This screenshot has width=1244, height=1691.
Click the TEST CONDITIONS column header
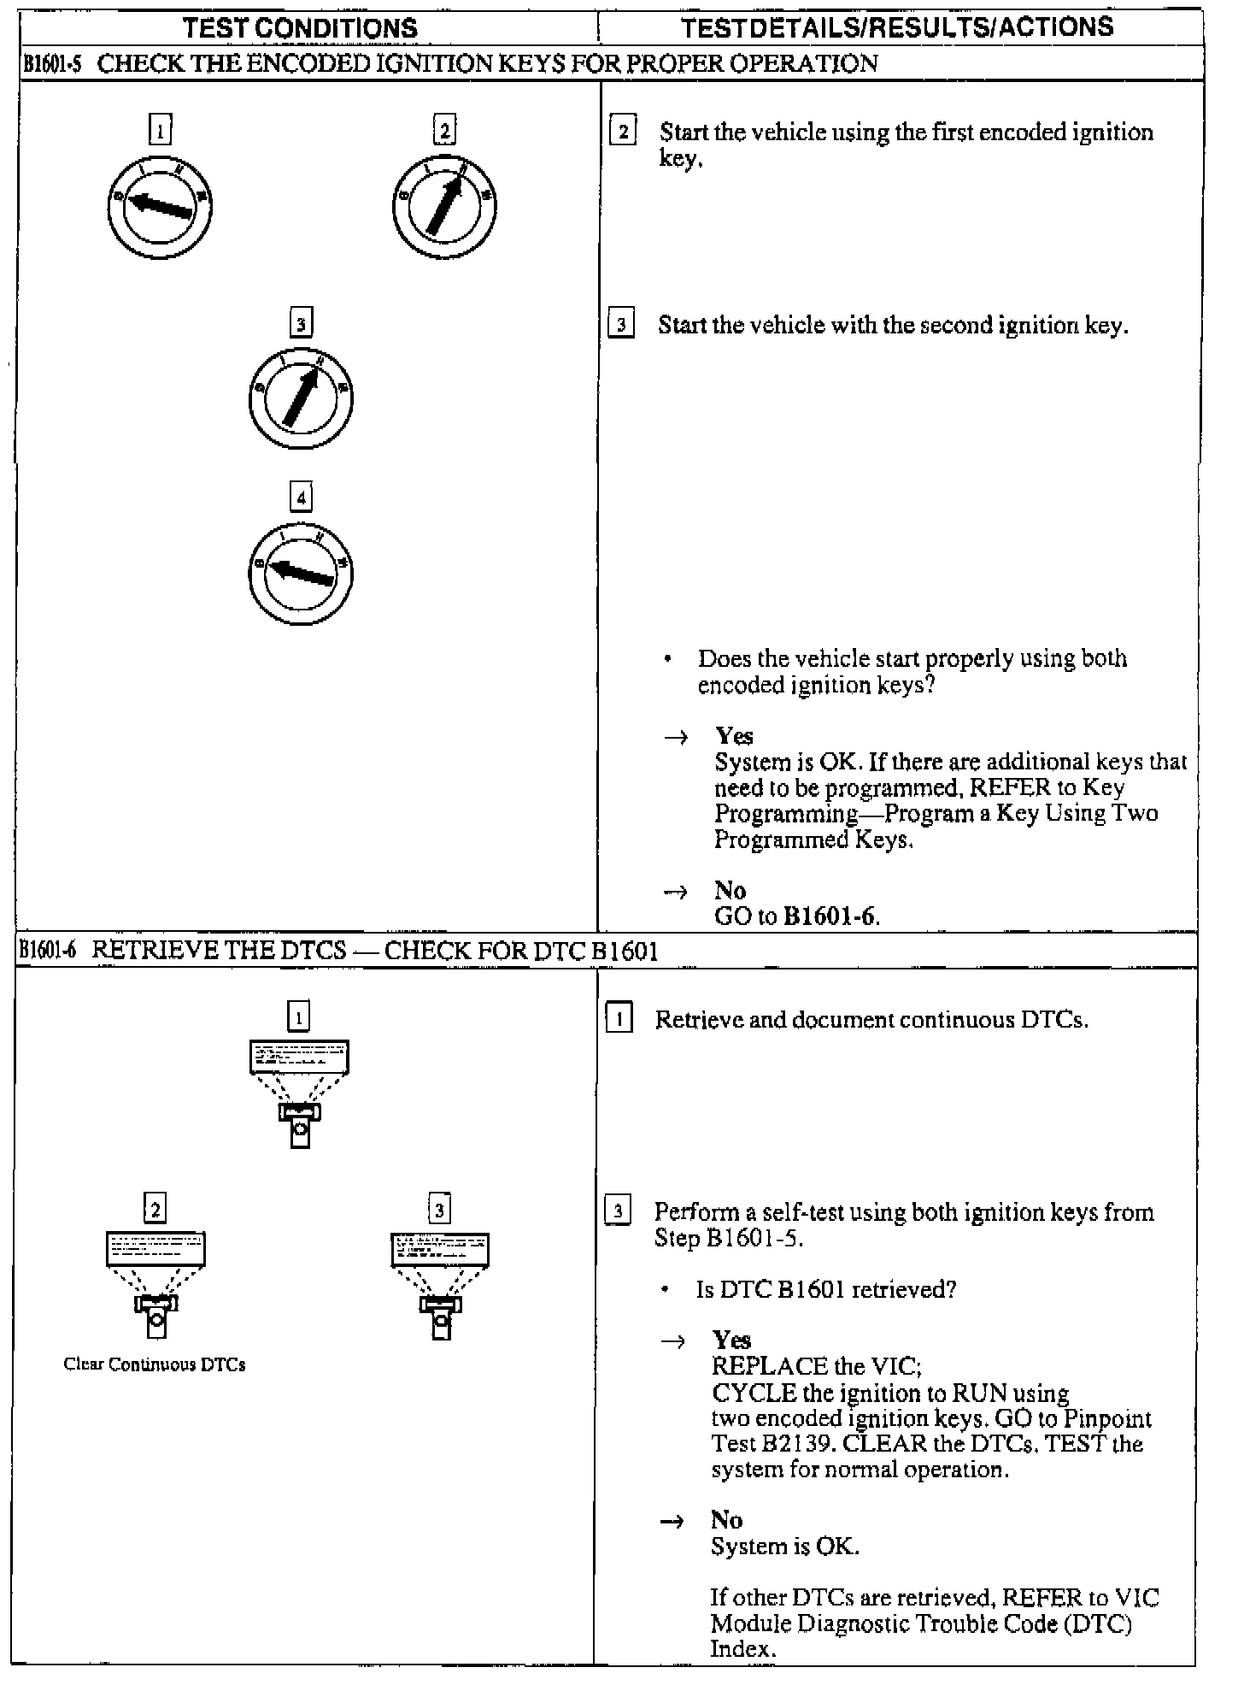click(x=301, y=27)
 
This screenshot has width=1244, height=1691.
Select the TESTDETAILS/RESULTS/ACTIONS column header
click(x=897, y=27)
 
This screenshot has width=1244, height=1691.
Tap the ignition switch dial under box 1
click(x=160, y=207)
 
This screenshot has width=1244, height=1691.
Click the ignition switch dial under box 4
click(x=301, y=572)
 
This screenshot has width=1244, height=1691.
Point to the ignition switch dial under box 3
click(x=301, y=398)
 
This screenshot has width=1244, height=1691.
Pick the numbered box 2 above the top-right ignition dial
click(x=444, y=131)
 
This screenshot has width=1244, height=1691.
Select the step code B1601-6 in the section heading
click(x=49, y=951)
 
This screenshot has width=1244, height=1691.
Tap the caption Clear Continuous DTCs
click(x=155, y=1364)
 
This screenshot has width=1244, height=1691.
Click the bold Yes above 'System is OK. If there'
click(x=734, y=736)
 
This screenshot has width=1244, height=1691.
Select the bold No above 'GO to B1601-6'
click(x=730, y=891)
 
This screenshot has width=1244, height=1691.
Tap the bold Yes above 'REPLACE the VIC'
click(x=731, y=1340)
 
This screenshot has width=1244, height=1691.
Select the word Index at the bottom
click(x=741, y=1649)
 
